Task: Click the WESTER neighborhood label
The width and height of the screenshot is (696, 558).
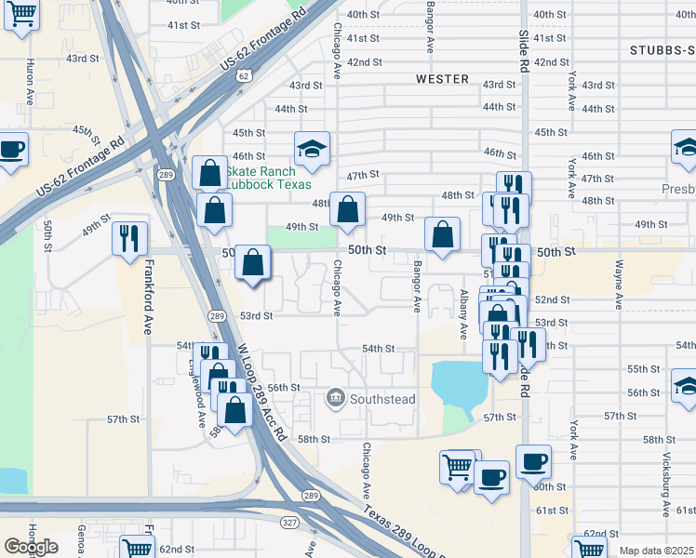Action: (x=442, y=79)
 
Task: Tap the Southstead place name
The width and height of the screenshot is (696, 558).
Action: (x=381, y=399)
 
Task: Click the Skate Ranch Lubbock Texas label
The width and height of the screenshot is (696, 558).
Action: (x=261, y=177)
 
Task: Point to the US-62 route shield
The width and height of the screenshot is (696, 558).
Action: (x=244, y=75)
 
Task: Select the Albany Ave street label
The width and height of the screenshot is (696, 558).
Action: (x=462, y=313)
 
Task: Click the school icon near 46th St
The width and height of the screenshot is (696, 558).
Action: (x=312, y=147)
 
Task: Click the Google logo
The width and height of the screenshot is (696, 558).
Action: (x=31, y=547)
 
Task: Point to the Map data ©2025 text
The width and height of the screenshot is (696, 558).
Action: (x=656, y=551)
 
